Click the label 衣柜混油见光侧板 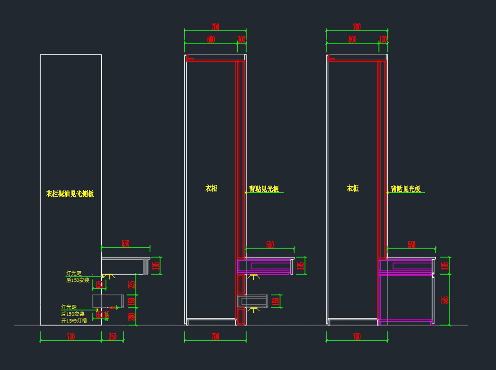tap(70, 193)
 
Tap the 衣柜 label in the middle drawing tap(211, 189)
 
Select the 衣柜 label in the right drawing tap(353, 189)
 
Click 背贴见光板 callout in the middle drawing tap(264, 189)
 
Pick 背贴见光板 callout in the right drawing tap(405, 189)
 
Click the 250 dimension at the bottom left tap(112, 337)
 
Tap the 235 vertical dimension tap(132, 284)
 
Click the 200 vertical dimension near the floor tap(132, 317)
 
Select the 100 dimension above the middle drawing tap(241, 39)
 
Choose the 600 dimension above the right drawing tap(352, 39)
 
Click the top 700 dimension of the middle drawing tap(215, 27)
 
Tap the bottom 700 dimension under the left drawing tap(71, 337)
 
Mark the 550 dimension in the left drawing tap(125, 243)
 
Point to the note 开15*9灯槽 tap(74, 320)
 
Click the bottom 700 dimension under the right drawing tap(357, 337)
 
